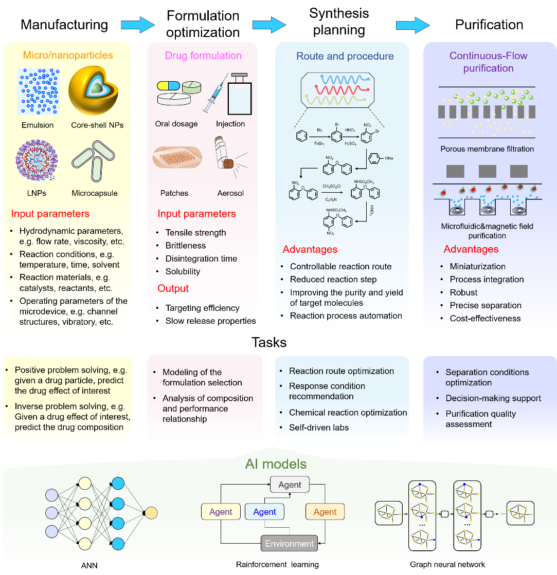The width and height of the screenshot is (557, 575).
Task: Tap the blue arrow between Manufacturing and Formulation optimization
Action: [x=137, y=24]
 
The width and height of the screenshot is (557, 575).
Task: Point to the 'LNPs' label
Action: [x=37, y=193]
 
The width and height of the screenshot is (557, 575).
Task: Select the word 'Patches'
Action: [x=174, y=193]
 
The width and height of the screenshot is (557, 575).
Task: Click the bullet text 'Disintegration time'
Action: [x=202, y=258]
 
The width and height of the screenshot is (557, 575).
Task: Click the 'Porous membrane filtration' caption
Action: [x=487, y=149]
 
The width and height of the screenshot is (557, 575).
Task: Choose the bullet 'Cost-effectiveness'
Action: [x=485, y=319]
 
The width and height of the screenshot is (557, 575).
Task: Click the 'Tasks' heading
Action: [x=268, y=342]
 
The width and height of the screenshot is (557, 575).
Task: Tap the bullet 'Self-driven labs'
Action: [x=319, y=427]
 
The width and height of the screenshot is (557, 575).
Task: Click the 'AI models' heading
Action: [x=277, y=465]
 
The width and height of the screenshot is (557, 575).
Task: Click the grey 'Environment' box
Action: [x=290, y=544]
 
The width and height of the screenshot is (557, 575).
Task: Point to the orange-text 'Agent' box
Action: [x=325, y=512]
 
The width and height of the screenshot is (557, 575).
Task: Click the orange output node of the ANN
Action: [x=151, y=513]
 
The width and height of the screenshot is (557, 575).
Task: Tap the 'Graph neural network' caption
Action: [x=447, y=565]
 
